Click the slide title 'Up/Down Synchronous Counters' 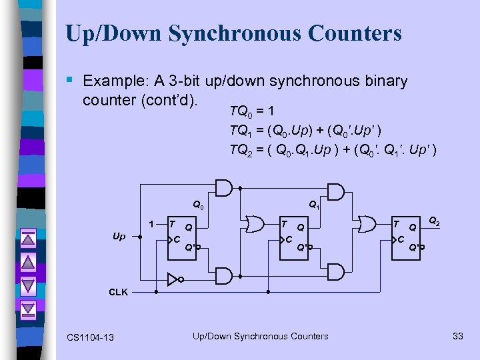(x=233, y=33)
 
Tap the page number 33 (x=457, y=336)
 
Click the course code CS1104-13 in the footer (x=90, y=337)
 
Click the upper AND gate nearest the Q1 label (x=336, y=193)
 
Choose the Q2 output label (x=433, y=220)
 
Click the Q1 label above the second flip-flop (x=313, y=207)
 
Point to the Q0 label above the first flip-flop (x=198, y=205)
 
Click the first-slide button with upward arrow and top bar (x=27, y=238)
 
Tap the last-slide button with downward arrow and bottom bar (x=27, y=309)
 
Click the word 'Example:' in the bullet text (x=115, y=81)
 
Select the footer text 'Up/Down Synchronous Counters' (x=260, y=336)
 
